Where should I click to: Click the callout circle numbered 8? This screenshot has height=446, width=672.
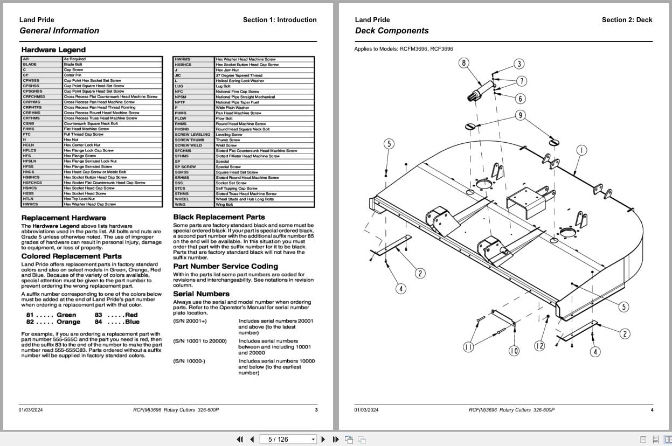[464, 63]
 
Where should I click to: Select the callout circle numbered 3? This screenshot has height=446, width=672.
[518, 64]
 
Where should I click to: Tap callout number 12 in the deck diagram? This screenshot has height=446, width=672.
[539, 346]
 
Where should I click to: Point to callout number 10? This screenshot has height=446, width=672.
[514, 351]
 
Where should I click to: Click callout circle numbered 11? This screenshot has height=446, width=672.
[468, 347]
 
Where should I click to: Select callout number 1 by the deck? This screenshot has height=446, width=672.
[581, 150]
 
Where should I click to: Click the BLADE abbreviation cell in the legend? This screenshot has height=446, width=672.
[30, 65]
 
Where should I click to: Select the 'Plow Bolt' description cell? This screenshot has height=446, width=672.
[224, 119]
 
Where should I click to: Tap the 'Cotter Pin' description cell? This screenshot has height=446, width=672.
[72, 75]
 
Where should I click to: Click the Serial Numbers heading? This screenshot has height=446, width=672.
[201, 294]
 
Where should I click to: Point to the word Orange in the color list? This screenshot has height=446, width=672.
[68, 322]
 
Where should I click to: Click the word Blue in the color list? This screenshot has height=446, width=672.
[132, 322]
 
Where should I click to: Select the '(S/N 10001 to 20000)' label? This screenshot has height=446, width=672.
[200, 342]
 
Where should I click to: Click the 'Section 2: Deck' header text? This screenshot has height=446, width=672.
[627, 20]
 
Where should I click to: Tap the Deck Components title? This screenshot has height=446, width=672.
[392, 31]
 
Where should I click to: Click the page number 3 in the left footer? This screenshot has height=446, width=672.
[316, 410]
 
